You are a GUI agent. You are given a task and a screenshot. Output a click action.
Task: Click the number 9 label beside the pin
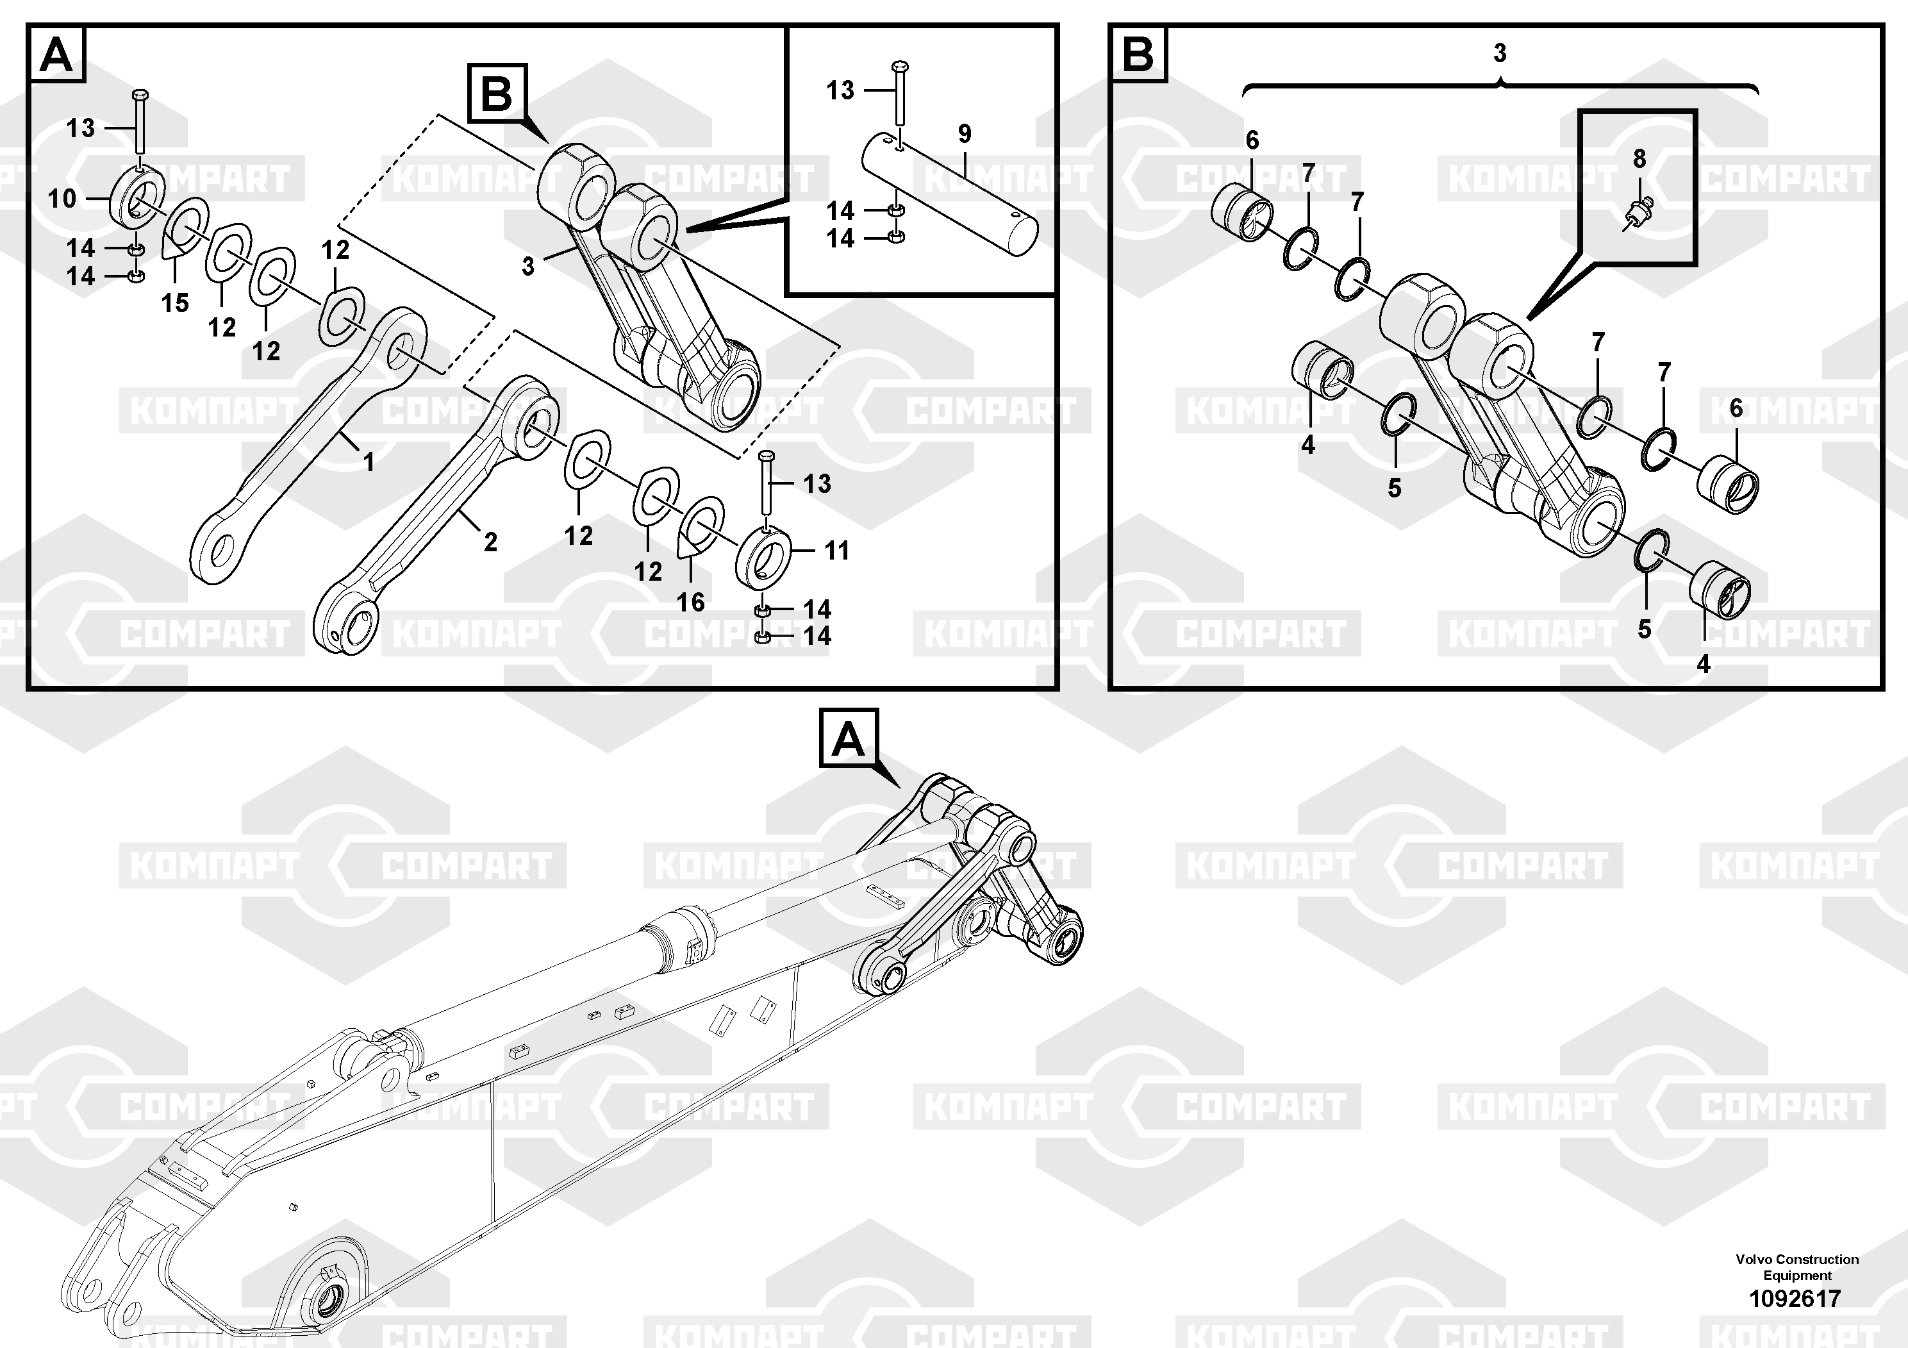click(x=964, y=133)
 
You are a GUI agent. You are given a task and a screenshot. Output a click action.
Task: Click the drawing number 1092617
click(x=1795, y=1297)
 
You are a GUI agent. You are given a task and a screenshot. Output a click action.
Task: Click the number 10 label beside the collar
click(x=62, y=199)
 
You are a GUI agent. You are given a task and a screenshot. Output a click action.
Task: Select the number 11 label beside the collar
click(x=836, y=550)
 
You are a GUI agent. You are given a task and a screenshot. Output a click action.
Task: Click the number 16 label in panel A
click(x=690, y=602)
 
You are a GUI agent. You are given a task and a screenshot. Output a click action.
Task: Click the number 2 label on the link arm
click(x=490, y=542)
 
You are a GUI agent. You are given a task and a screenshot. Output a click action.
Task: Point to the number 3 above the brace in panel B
click(x=1499, y=53)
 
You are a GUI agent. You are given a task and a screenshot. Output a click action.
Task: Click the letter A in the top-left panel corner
click(x=57, y=56)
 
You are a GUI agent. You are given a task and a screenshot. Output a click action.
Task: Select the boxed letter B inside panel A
click(x=497, y=94)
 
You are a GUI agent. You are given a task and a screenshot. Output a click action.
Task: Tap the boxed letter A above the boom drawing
click(x=849, y=738)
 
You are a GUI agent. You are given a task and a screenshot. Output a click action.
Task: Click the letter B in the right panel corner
click(x=1138, y=56)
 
